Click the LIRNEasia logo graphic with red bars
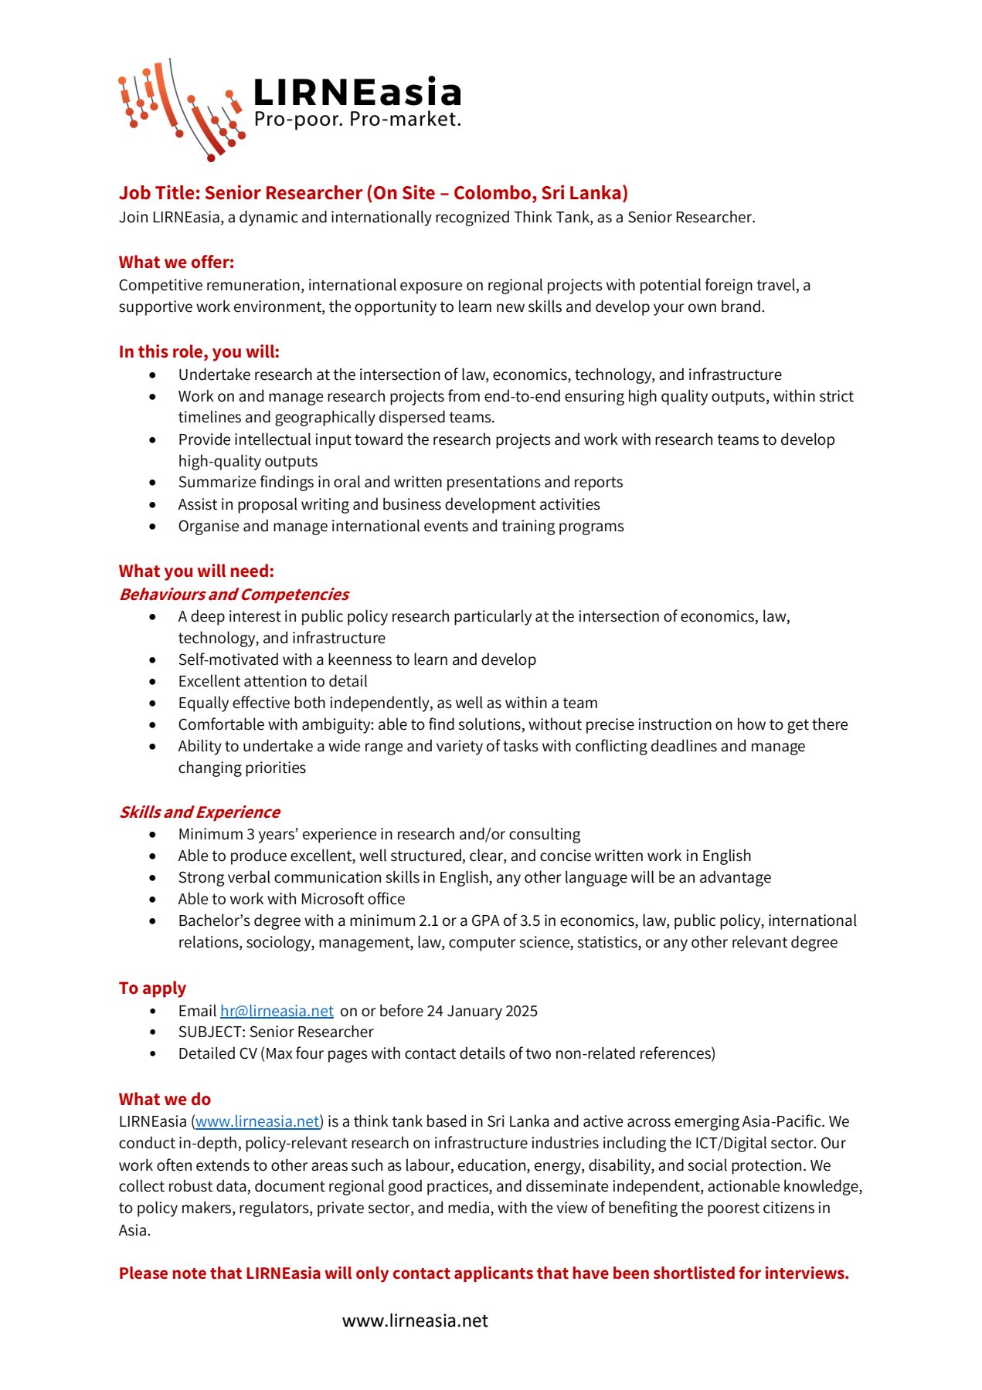(x=182, y=108)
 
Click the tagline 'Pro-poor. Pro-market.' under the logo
(x=357, y=120)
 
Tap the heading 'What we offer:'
(x=176, y=263)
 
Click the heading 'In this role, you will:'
(x=199, y=352)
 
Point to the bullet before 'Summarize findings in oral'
(x=153, y=483)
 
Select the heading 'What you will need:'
(x=196, y=571)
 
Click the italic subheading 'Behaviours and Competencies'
(x=233, y=595)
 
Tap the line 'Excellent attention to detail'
(x=272, y=682)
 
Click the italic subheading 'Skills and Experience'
(x=199, y=812)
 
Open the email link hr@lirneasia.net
(x=277, y=1012)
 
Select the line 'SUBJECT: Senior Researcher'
(x=275, y=1032)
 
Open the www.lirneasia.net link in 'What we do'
(x=257, y=1122)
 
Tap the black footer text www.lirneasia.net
(x=415, y=1321)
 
